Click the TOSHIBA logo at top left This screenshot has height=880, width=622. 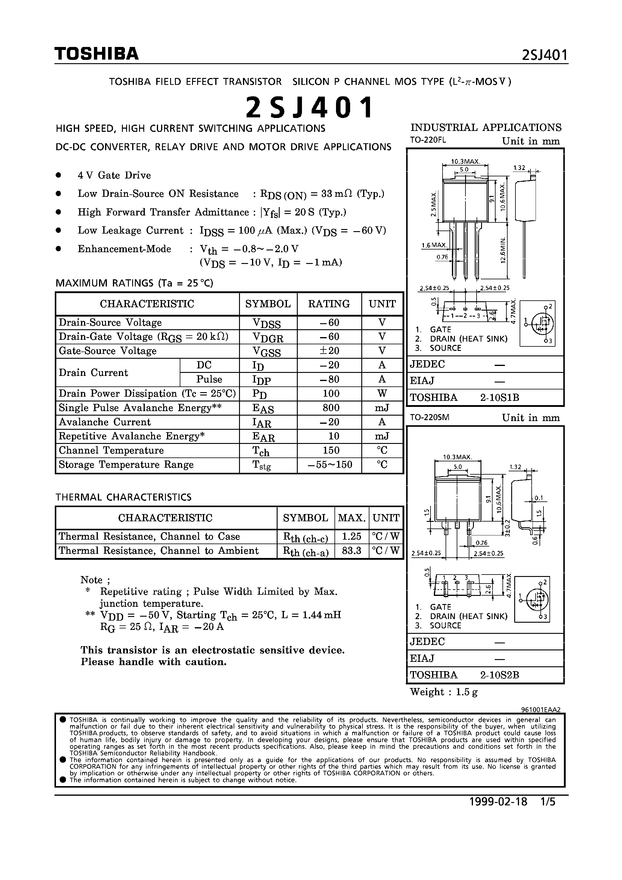[x=97, y=54]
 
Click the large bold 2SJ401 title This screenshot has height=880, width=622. [x=309, y=107]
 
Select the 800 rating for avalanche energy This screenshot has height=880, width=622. [x=331, y=408]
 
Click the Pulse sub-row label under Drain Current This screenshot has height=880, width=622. [x=209, y=380]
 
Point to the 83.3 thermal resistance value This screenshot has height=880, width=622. [x=351, y=551]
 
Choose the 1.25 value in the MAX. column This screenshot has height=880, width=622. [x=351, y=536]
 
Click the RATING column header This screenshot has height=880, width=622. [x=329, y=304]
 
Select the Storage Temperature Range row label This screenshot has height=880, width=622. [x=126, y=465]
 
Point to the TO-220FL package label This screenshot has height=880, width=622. [x=428, y=140]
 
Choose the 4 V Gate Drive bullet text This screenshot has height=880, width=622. [x=114, y=175]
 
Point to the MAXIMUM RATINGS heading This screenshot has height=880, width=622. [x=134, y=283]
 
